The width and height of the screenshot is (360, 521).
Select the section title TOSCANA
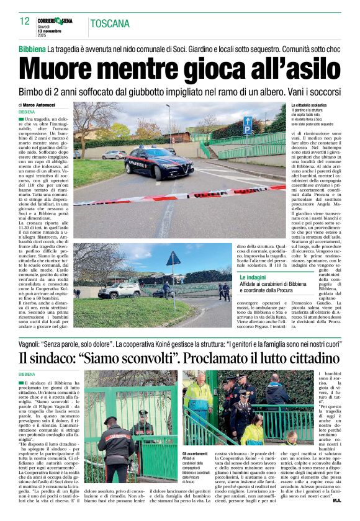pos(110,24)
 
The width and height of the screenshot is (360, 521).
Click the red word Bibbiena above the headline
pos(32,48)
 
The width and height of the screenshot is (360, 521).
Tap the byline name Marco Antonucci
pos(40,105)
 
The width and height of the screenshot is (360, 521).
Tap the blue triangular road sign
pos(173,259)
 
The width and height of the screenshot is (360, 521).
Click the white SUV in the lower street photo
pos(119,290)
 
